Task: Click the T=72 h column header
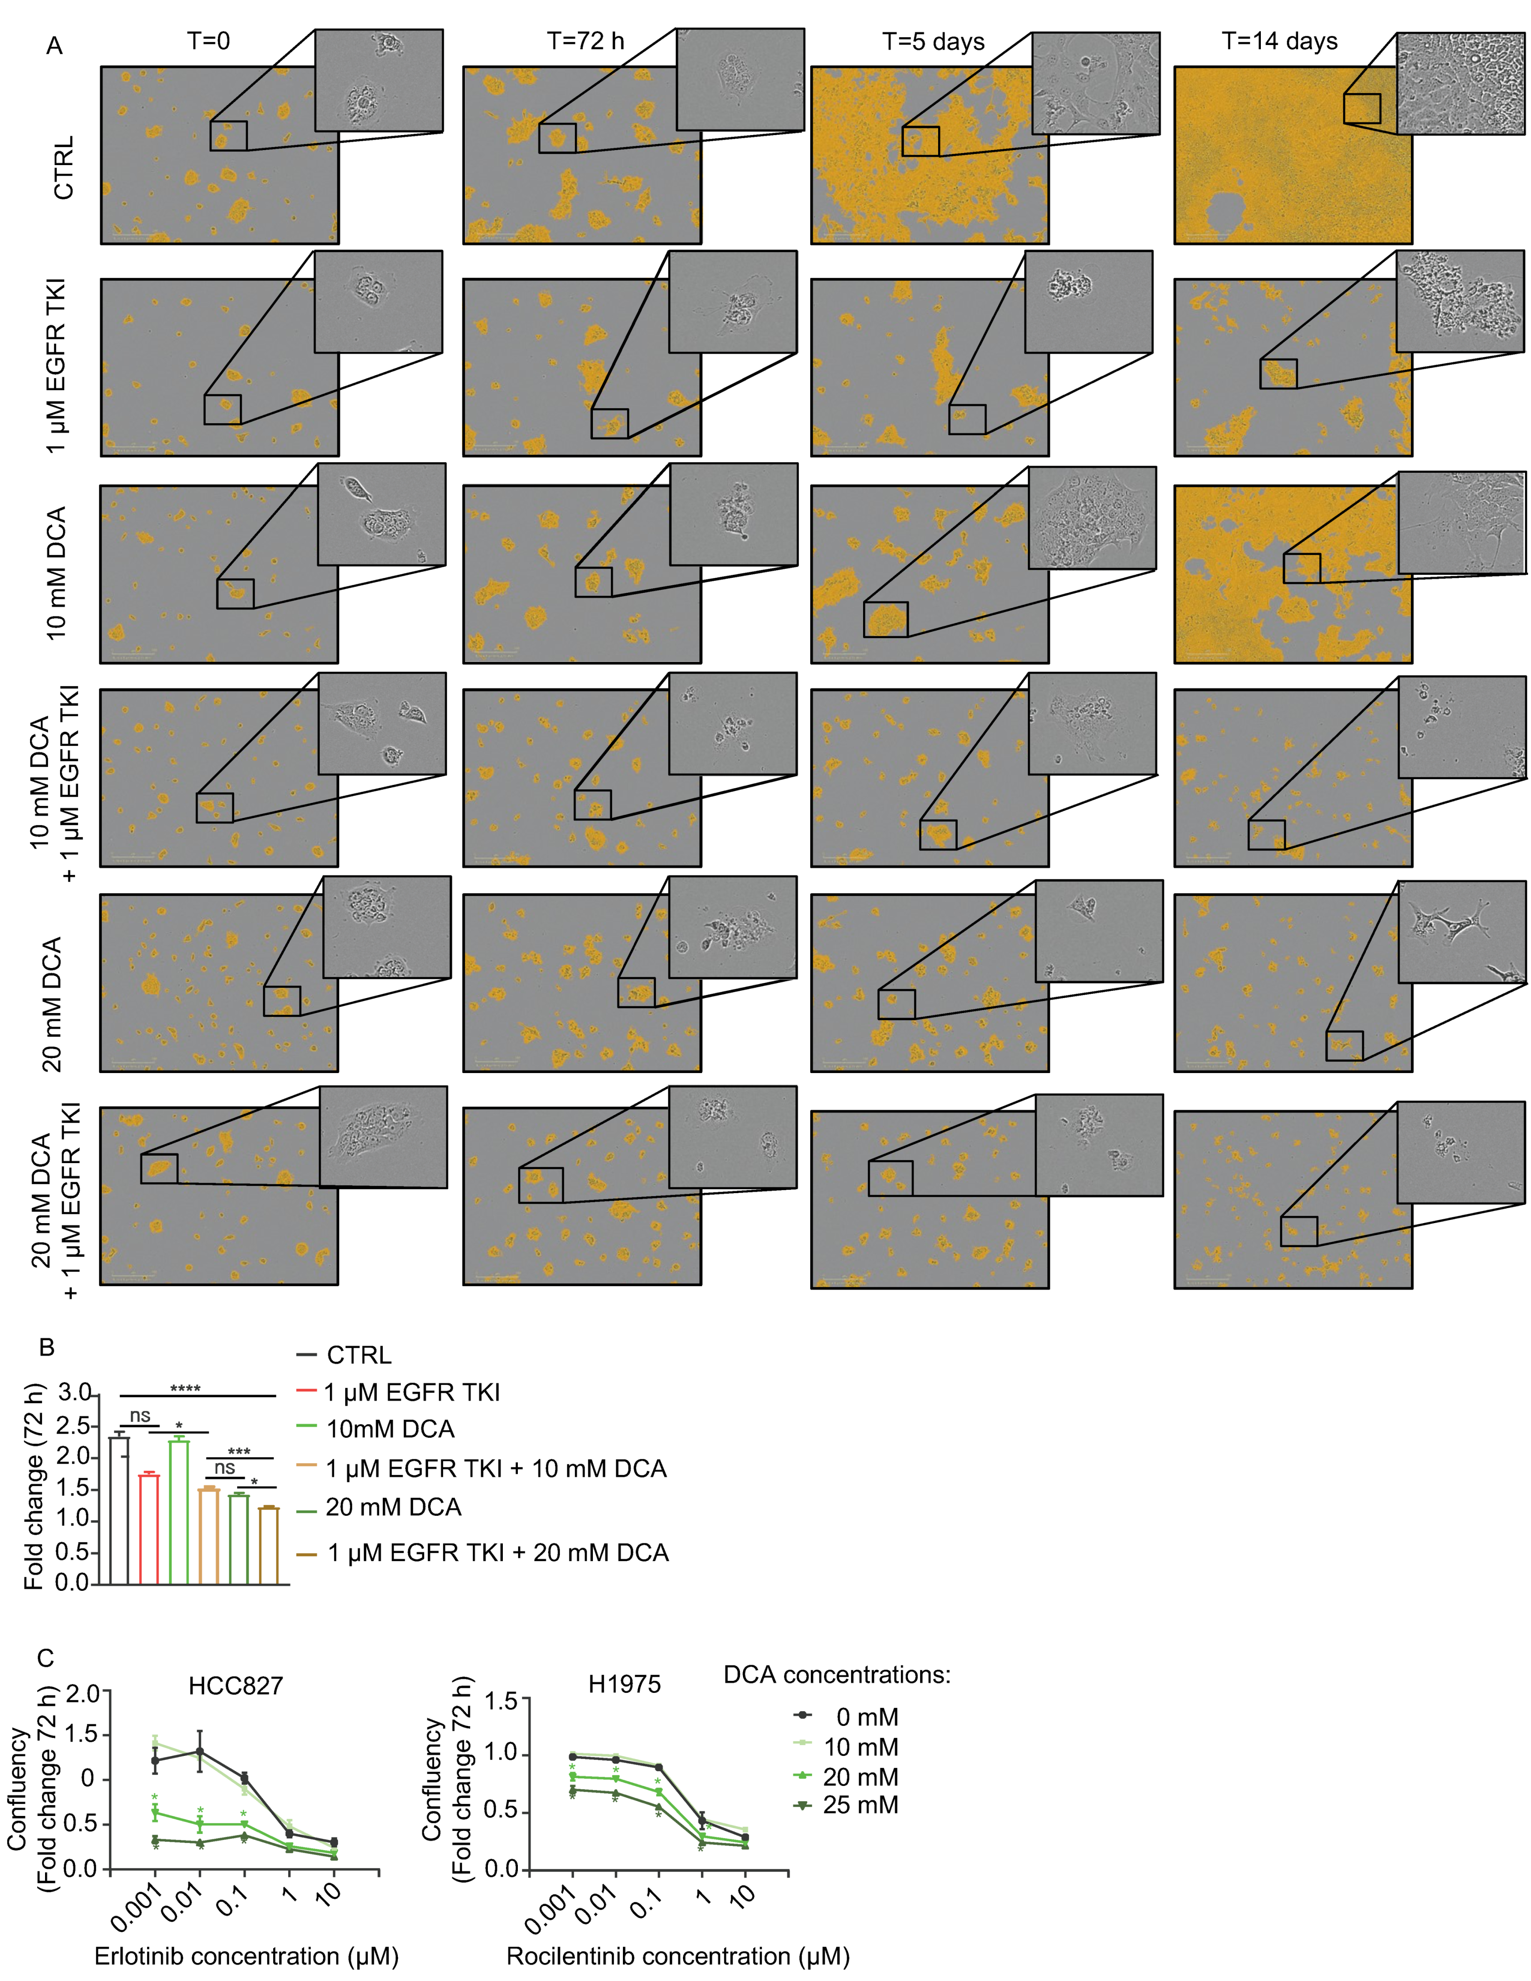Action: click(585, 42)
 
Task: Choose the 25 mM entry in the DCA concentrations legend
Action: click(860, 1805)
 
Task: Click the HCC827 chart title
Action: click(236, 1686)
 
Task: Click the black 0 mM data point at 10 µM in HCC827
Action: click(335, 1842)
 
